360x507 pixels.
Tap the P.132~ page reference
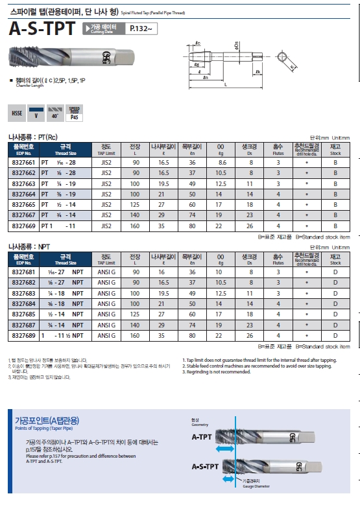141,29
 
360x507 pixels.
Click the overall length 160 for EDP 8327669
135,226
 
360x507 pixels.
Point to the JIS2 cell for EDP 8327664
106,194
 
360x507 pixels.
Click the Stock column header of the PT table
335,149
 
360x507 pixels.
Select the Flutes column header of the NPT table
278,259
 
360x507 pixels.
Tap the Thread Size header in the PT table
65,149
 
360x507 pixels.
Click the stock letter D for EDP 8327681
335,273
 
